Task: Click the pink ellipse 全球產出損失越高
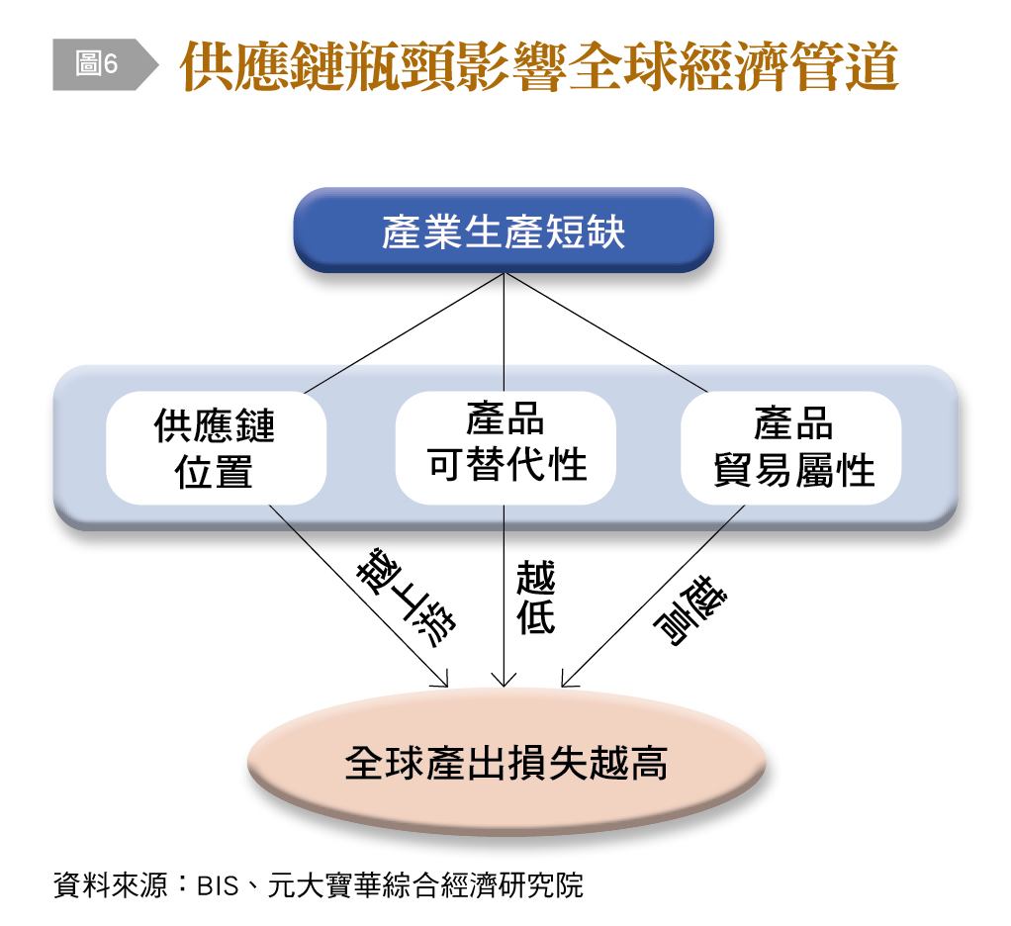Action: [x=505, y=763]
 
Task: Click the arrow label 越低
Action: [x=535, y=598]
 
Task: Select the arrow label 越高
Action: [x=689, y=608]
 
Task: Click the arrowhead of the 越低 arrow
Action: [x=505, y=683]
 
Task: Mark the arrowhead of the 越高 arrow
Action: [x=565, y=683]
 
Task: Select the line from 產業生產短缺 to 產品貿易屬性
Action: [x=605, y=332]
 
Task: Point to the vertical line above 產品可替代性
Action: [x=505, y=332]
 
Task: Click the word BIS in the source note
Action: [x=218, y=885]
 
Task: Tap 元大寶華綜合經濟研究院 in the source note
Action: [x=425, y=884]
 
